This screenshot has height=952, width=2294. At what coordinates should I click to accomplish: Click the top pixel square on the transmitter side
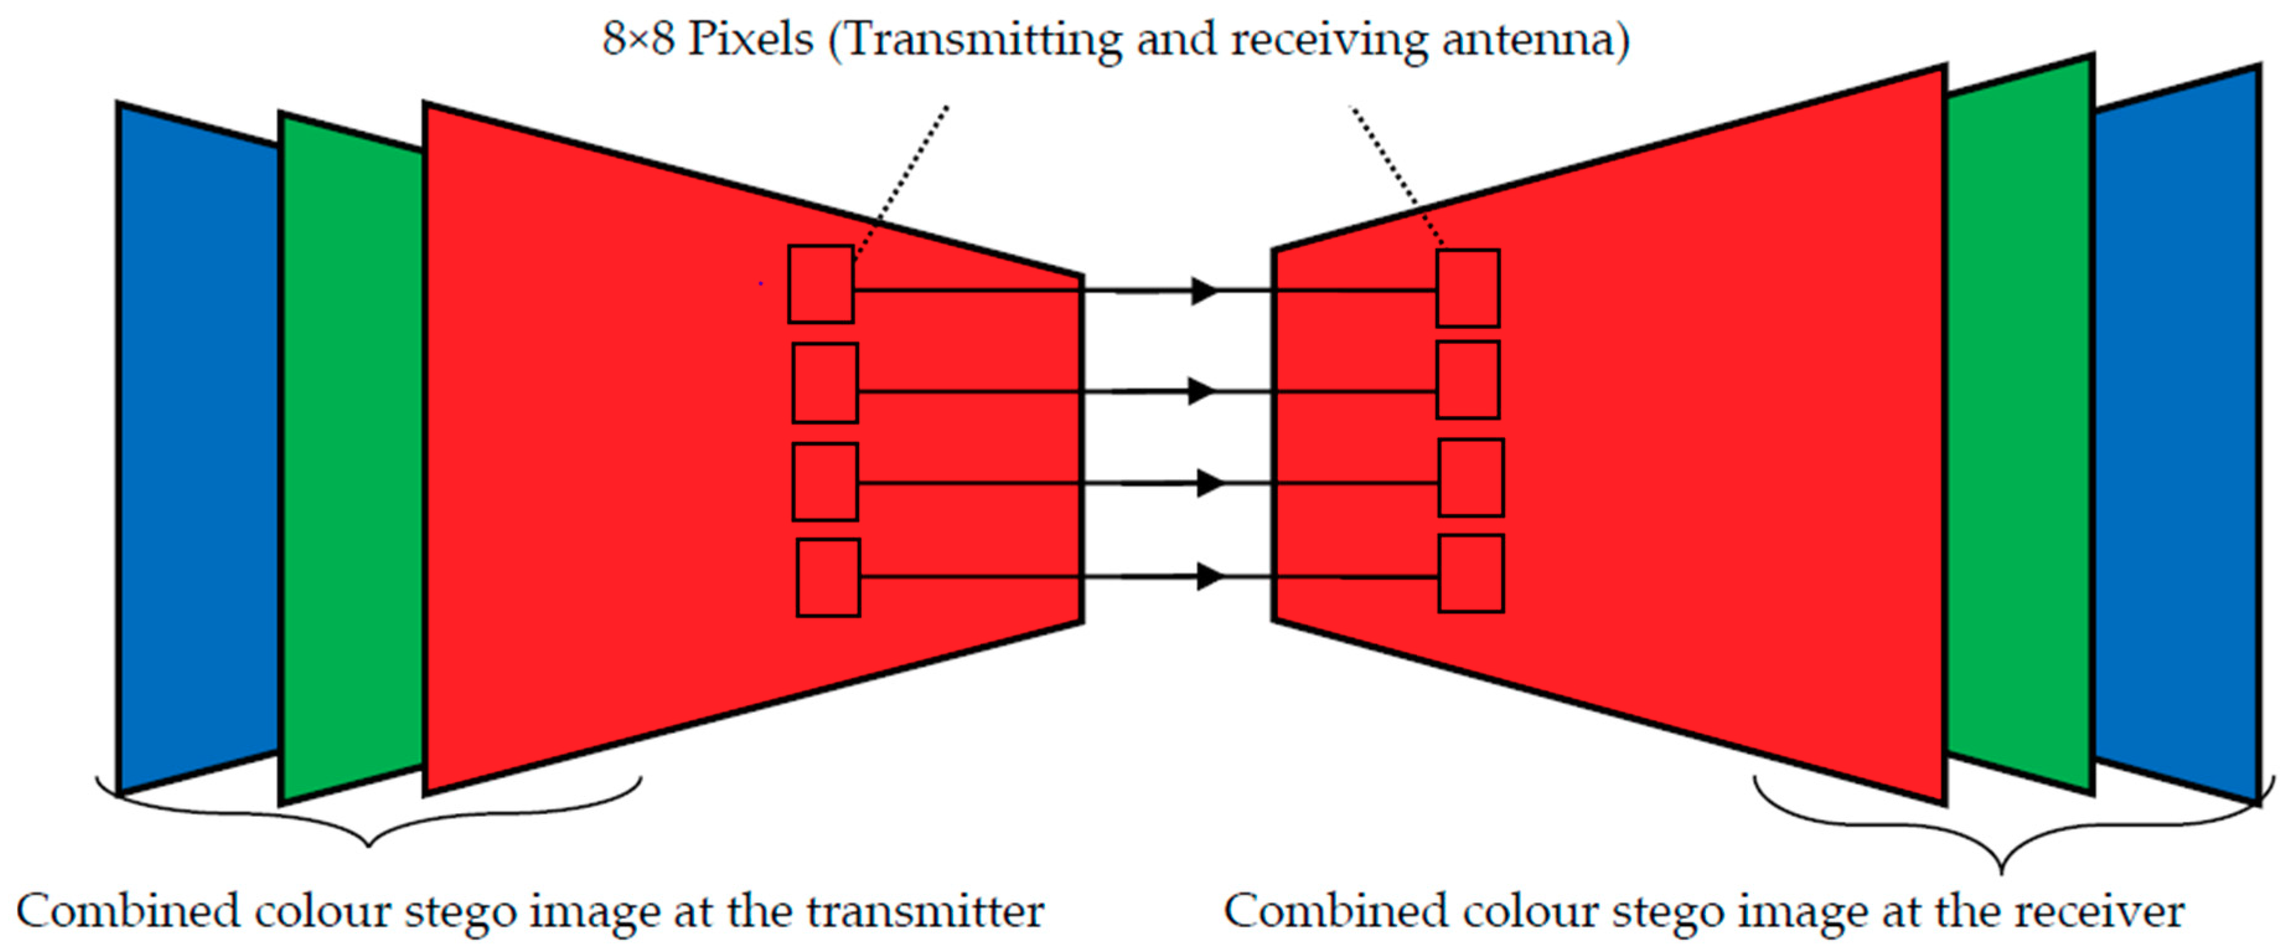(x=820, y=284)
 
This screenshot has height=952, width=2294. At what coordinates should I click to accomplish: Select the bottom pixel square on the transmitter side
(x=828, y=577)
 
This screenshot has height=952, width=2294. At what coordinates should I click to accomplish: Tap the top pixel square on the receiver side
(x=1468, y=288)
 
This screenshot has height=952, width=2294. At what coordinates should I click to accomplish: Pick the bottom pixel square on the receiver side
(x=1471, y=573)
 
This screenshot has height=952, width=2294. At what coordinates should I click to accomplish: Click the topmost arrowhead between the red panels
(x=1204, y=290)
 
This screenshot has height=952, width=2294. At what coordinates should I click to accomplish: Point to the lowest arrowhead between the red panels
(x=1209, y=577)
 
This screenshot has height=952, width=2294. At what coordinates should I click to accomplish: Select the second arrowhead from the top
(x=1202, y=391)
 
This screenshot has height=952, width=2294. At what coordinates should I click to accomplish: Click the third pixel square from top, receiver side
(x=1471, y=477)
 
